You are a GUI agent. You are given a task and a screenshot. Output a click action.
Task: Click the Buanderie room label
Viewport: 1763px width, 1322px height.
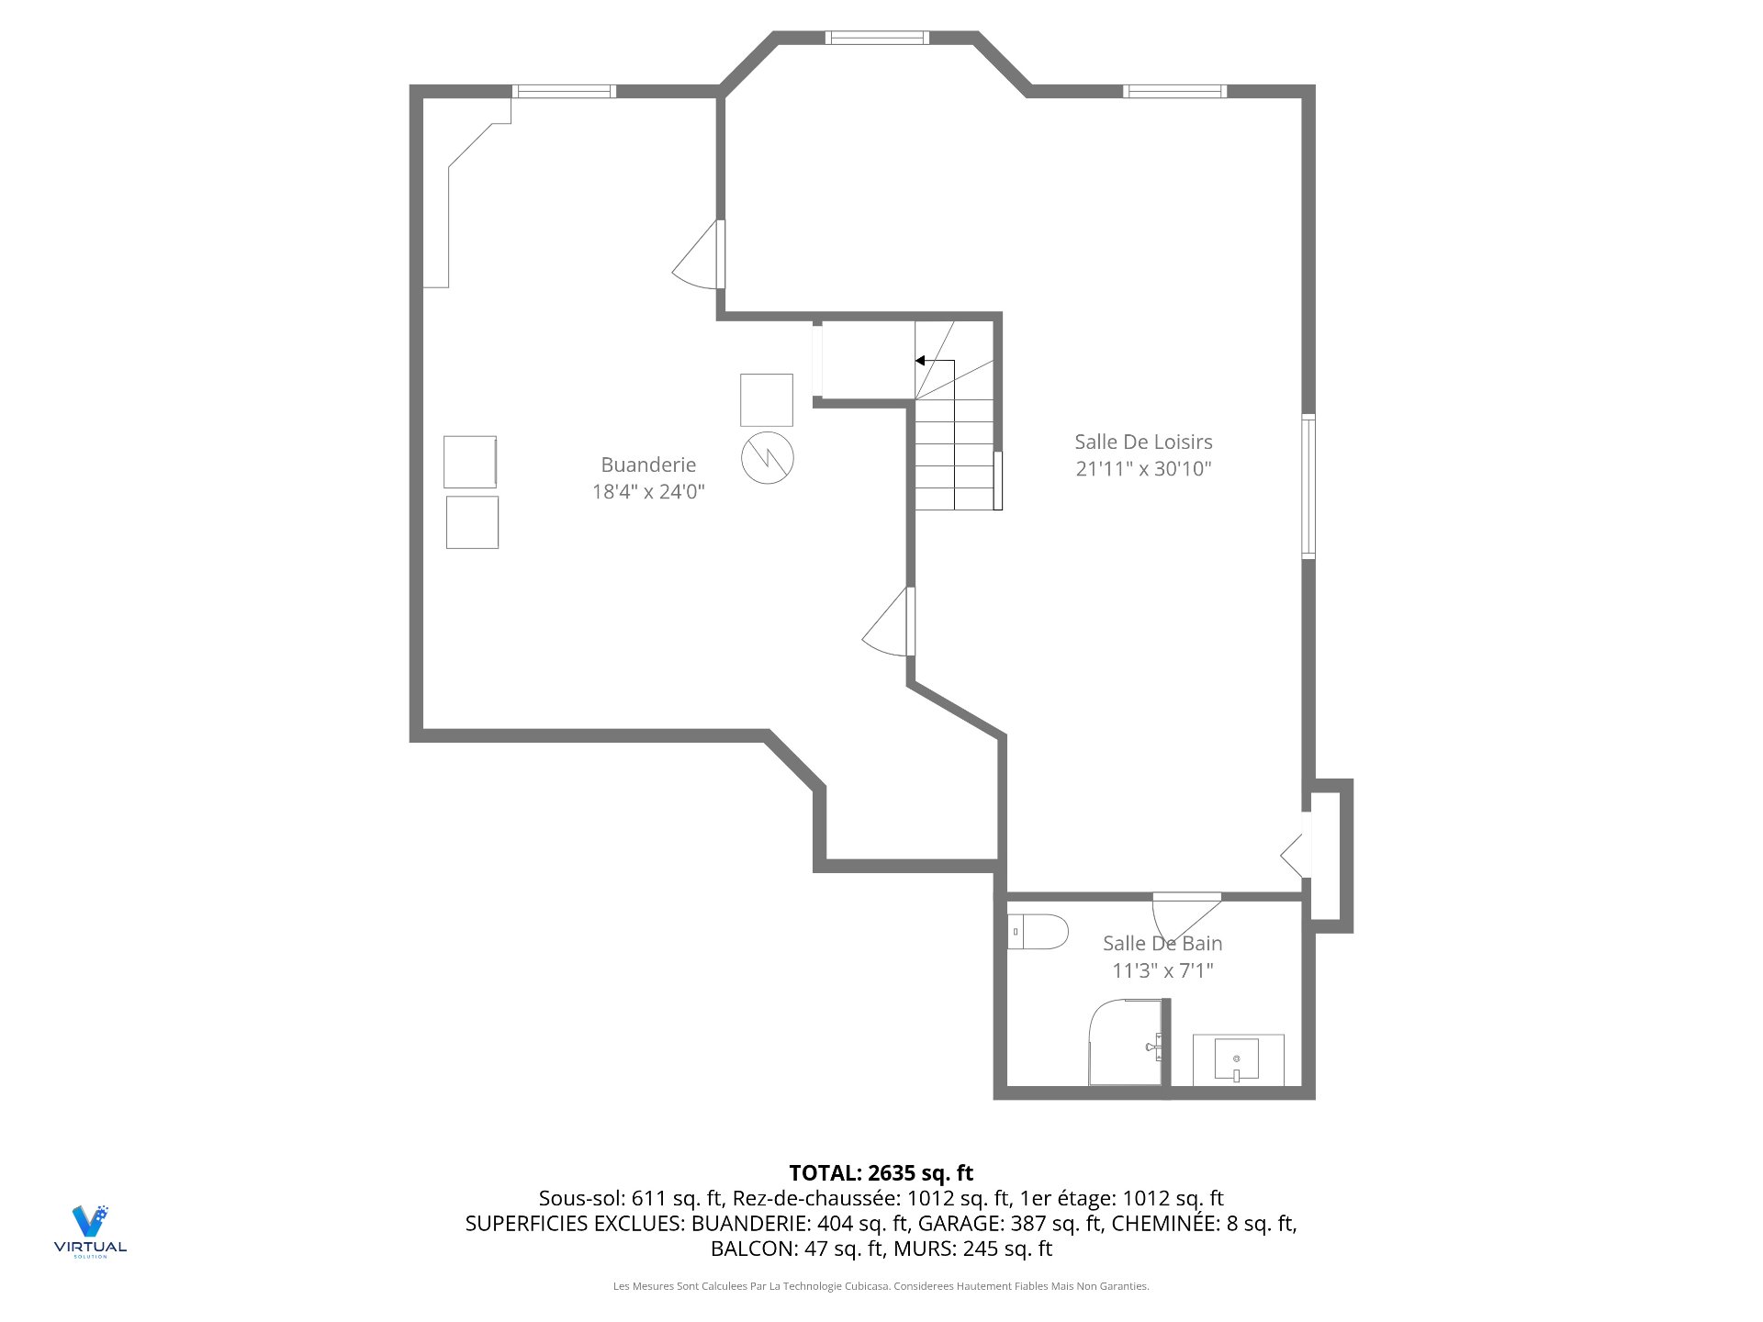(x=648, y=465)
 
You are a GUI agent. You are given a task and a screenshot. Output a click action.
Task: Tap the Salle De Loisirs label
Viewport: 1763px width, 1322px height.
(x=1143, y=442)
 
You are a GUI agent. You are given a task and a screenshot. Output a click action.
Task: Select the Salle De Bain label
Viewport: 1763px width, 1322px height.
(x=1162, y=943)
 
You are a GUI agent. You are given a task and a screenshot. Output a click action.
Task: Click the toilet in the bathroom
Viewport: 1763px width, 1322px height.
(x=1039, y=932)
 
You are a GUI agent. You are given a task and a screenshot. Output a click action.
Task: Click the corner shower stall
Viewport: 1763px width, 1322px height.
(x=1124, y=1042)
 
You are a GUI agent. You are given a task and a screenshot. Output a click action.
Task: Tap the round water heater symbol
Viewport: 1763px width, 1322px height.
(x=767, y=458)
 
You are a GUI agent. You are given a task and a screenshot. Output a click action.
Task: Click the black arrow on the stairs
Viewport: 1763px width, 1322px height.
(x=920, y=361)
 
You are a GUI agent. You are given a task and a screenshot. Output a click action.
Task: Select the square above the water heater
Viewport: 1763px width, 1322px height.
(x=767, y=399)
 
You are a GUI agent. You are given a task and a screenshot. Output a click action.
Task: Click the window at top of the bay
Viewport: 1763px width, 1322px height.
(x=877, y=38)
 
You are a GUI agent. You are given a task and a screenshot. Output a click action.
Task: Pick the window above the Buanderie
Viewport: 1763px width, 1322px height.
(x=563, y=91)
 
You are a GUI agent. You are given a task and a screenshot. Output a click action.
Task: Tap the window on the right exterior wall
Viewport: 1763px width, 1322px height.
(x=1308, y=486)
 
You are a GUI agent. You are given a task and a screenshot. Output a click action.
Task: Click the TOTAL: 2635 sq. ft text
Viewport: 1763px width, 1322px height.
(x=881, y=1172)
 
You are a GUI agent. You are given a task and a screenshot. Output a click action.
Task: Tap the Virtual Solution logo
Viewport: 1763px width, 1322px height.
(x=90, y=1230)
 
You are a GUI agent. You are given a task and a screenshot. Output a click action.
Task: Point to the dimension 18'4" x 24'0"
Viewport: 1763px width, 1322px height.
(x=648, y=491)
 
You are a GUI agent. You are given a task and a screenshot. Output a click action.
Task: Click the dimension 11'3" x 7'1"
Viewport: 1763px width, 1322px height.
(x=1162, y=970)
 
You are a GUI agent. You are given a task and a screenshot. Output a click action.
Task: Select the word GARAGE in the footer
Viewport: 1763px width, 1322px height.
(x=960, y=1223)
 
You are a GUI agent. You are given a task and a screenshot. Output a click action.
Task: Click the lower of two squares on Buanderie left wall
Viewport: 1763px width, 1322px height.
(x=472, y=522)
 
